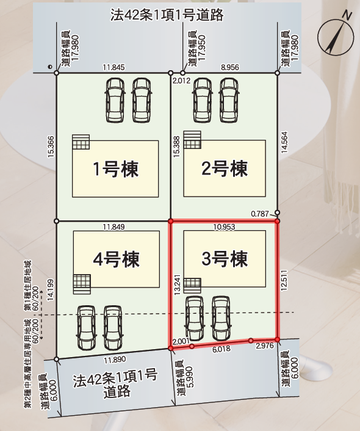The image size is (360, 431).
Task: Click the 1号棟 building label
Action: (x=116, y=168)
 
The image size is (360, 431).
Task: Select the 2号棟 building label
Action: (x=225, y=168)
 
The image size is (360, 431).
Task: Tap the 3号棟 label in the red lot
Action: (x=225, y=259)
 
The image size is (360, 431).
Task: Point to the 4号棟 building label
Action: (x=117, y=259)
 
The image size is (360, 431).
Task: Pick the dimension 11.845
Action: (x=113, y=67)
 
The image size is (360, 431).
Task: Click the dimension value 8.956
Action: (x=230, y=67)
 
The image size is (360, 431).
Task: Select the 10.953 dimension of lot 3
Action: (x=225, y=226)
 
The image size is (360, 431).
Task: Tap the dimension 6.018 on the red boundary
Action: (x=221, y=349)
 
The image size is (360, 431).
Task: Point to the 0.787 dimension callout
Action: (x=260, y=214)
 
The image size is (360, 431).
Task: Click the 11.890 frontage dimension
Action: (x=115, y=360)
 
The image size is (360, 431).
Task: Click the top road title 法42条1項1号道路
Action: (x=167, y=15)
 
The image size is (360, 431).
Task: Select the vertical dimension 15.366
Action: (x=51, y=147)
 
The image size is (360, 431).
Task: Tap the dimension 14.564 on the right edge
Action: (x=284, y=142)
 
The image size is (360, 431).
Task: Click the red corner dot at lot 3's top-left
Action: (x=171, y=221)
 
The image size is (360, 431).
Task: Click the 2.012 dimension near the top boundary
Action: (x=181, y=81)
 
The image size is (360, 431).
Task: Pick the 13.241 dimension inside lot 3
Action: (x=177, y=284)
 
